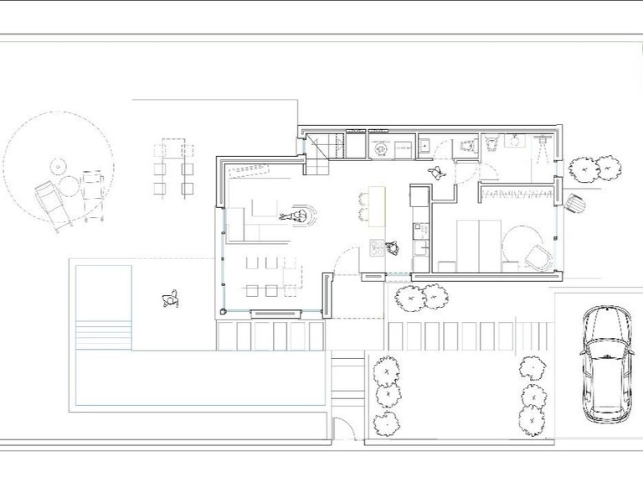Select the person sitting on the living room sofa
[x=296, y=217]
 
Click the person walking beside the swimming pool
[x=171, y=299]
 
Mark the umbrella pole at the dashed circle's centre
[x=58, y=164]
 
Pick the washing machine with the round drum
[x=382, y=148]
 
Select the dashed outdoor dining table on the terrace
[x=174, y=168]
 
